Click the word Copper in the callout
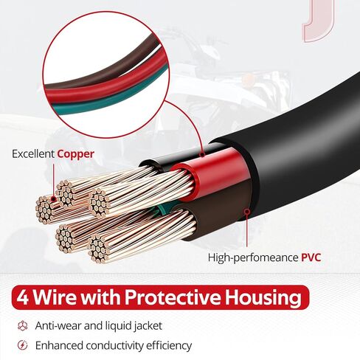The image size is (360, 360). click(76, 154)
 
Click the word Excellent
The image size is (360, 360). click(33, 154)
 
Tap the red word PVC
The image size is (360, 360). click(311, 257)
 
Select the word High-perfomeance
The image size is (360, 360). click(253, 258)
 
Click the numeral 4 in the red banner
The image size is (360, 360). click(23, 297)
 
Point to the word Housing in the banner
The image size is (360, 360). click(263, 298)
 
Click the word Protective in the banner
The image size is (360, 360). click(173, 297)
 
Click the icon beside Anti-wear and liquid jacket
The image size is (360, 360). click(23, 325)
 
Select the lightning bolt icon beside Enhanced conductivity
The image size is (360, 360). click(23, 345)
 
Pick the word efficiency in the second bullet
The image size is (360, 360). click(169, 346)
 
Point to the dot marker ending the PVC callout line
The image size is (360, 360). click(247, 212)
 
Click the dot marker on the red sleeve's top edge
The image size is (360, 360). click(202, 154)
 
